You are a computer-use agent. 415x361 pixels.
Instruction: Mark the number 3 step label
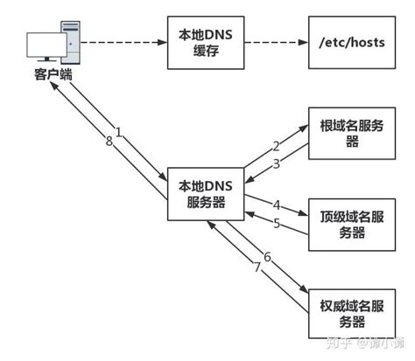(x=276, y=163)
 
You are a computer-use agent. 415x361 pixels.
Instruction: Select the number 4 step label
(x=277, y=205)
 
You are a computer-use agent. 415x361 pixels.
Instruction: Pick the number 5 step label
(x=277, y=224)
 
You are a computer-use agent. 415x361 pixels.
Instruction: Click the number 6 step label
(x=267, y=257)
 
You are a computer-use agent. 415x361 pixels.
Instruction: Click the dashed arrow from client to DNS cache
(x=123, y=40)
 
